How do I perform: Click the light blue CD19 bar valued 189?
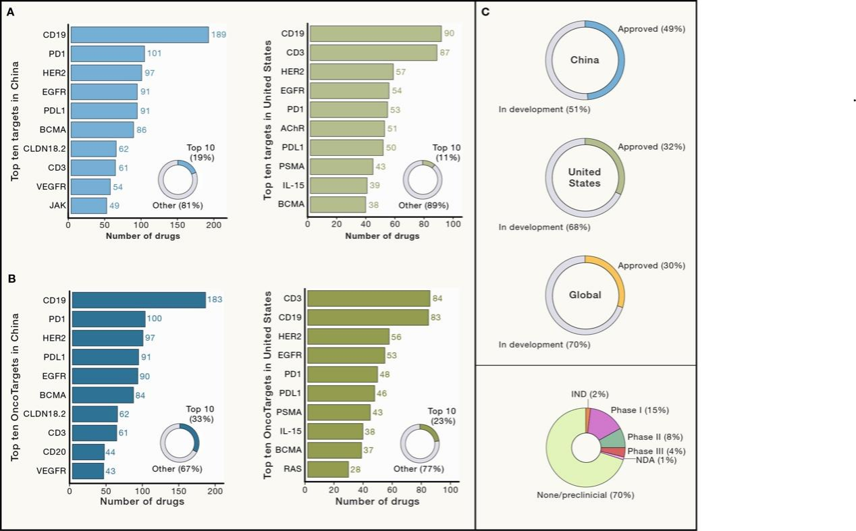pyautogui.click(x=140, y=35)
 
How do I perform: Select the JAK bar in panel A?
pyautogui.click(x=88, y=206)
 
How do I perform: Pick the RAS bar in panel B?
pyautogui.click(x=327, y=469)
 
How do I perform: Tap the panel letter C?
pyautogui.click(x=484, y=12)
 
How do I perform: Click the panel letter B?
pyautogui.click(x=11, y=277)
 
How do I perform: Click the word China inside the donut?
pyautogui.click(x=585, y=59)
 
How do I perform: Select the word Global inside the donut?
pyautogui.click(x=585, y=295)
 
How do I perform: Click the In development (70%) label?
pyautogui.click(x=544, y=345)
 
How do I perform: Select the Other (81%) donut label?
pyautogui.click(x=178, y=204)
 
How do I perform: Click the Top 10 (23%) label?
pyautogui.click(x=442, y=416)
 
